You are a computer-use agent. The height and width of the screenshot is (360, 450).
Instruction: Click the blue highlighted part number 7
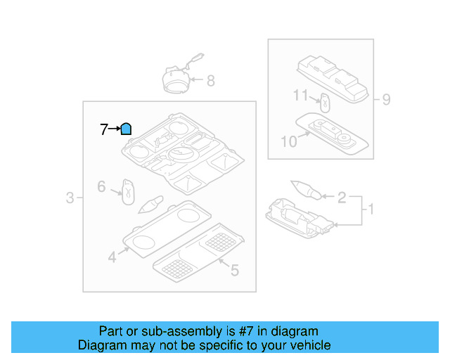[x=126, y=129]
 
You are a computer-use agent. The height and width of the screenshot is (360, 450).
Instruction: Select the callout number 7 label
[x=104, y=129]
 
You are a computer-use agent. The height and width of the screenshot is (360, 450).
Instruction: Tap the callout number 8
[x=210, y=81]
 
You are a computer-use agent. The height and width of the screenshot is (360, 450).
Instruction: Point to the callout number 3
[x=70, y=198]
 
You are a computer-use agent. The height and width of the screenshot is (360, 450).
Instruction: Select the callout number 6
[x=101, y=187]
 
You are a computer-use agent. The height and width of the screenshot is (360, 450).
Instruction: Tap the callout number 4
[x=112, y=257]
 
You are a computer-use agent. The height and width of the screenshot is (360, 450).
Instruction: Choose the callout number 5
[x=235, y=269]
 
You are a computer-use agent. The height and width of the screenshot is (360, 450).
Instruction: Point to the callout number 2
[x=342, y=198]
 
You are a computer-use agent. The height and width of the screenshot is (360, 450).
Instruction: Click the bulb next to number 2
[x=306, y=190]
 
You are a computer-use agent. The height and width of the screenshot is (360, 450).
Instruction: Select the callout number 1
[x=370, y=209]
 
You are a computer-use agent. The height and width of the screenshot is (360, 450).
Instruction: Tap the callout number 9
[x=386, y=99]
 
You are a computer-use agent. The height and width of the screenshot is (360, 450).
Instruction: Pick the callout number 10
[x=289, y=142]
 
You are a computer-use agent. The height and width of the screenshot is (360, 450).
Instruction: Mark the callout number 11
[x=301, y=95]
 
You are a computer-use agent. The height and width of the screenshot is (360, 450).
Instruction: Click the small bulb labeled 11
[x=326, y=101]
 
